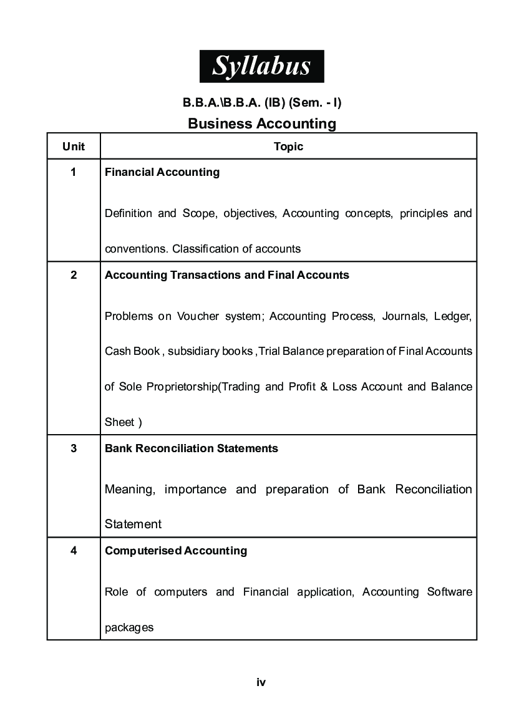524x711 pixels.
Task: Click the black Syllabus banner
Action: tap(261, 65)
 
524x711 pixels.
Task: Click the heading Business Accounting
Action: tap(261, 123)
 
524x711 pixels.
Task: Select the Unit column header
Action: tap(74, 147)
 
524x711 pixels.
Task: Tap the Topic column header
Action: tap(288, 147)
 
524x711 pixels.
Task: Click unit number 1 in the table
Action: tap(74, 172)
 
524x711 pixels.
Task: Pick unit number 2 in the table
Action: tap(74, 275)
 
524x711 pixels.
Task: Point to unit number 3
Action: tap(74, 448)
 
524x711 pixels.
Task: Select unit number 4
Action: tap(74, 551)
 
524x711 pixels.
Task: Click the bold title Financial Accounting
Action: tap(162, 172)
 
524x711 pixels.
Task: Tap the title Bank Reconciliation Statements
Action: tap(192, 448)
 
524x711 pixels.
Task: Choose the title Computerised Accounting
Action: tap(176, 551)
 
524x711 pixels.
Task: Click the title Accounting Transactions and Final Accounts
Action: tap(227, 275)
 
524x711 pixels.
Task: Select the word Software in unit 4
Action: tap(449, 591)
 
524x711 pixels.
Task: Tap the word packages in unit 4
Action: tap(129, 627)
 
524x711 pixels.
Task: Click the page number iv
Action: tap(261, 682)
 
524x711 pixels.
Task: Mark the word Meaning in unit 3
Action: tap(129, 490)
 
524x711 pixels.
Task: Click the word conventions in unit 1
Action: tap(135, 249)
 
